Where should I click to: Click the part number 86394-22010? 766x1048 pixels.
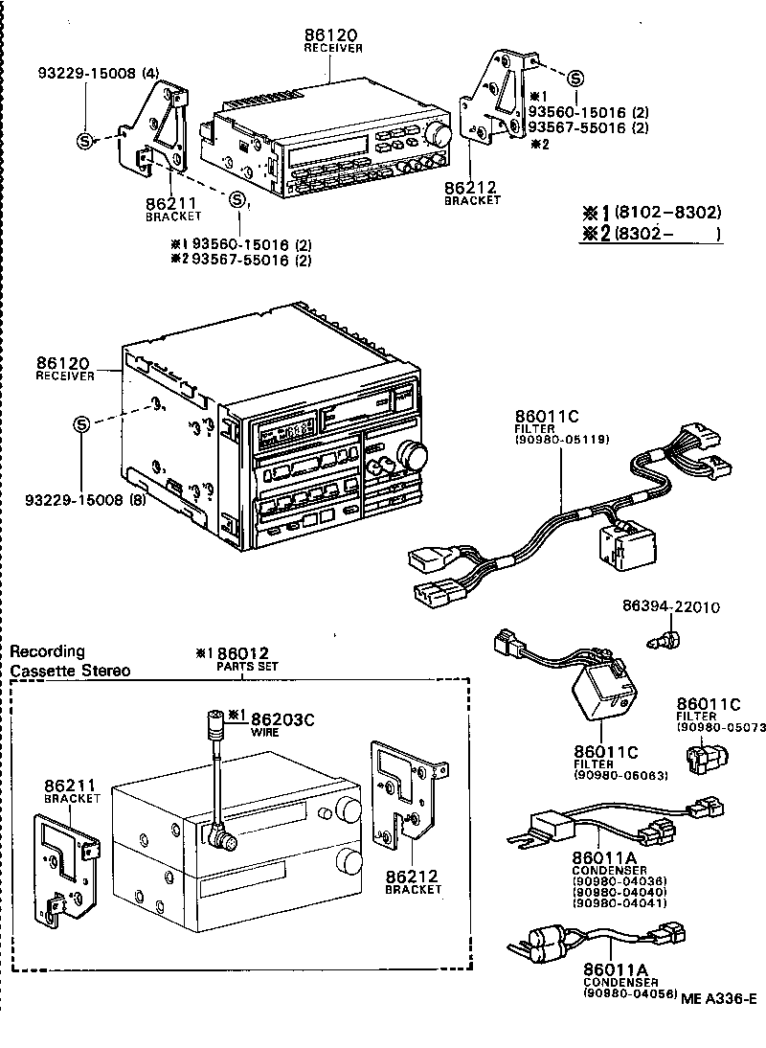(670, 607)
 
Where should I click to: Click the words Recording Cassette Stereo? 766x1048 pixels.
(70, 661)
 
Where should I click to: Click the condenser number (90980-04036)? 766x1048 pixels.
(620, 879)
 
